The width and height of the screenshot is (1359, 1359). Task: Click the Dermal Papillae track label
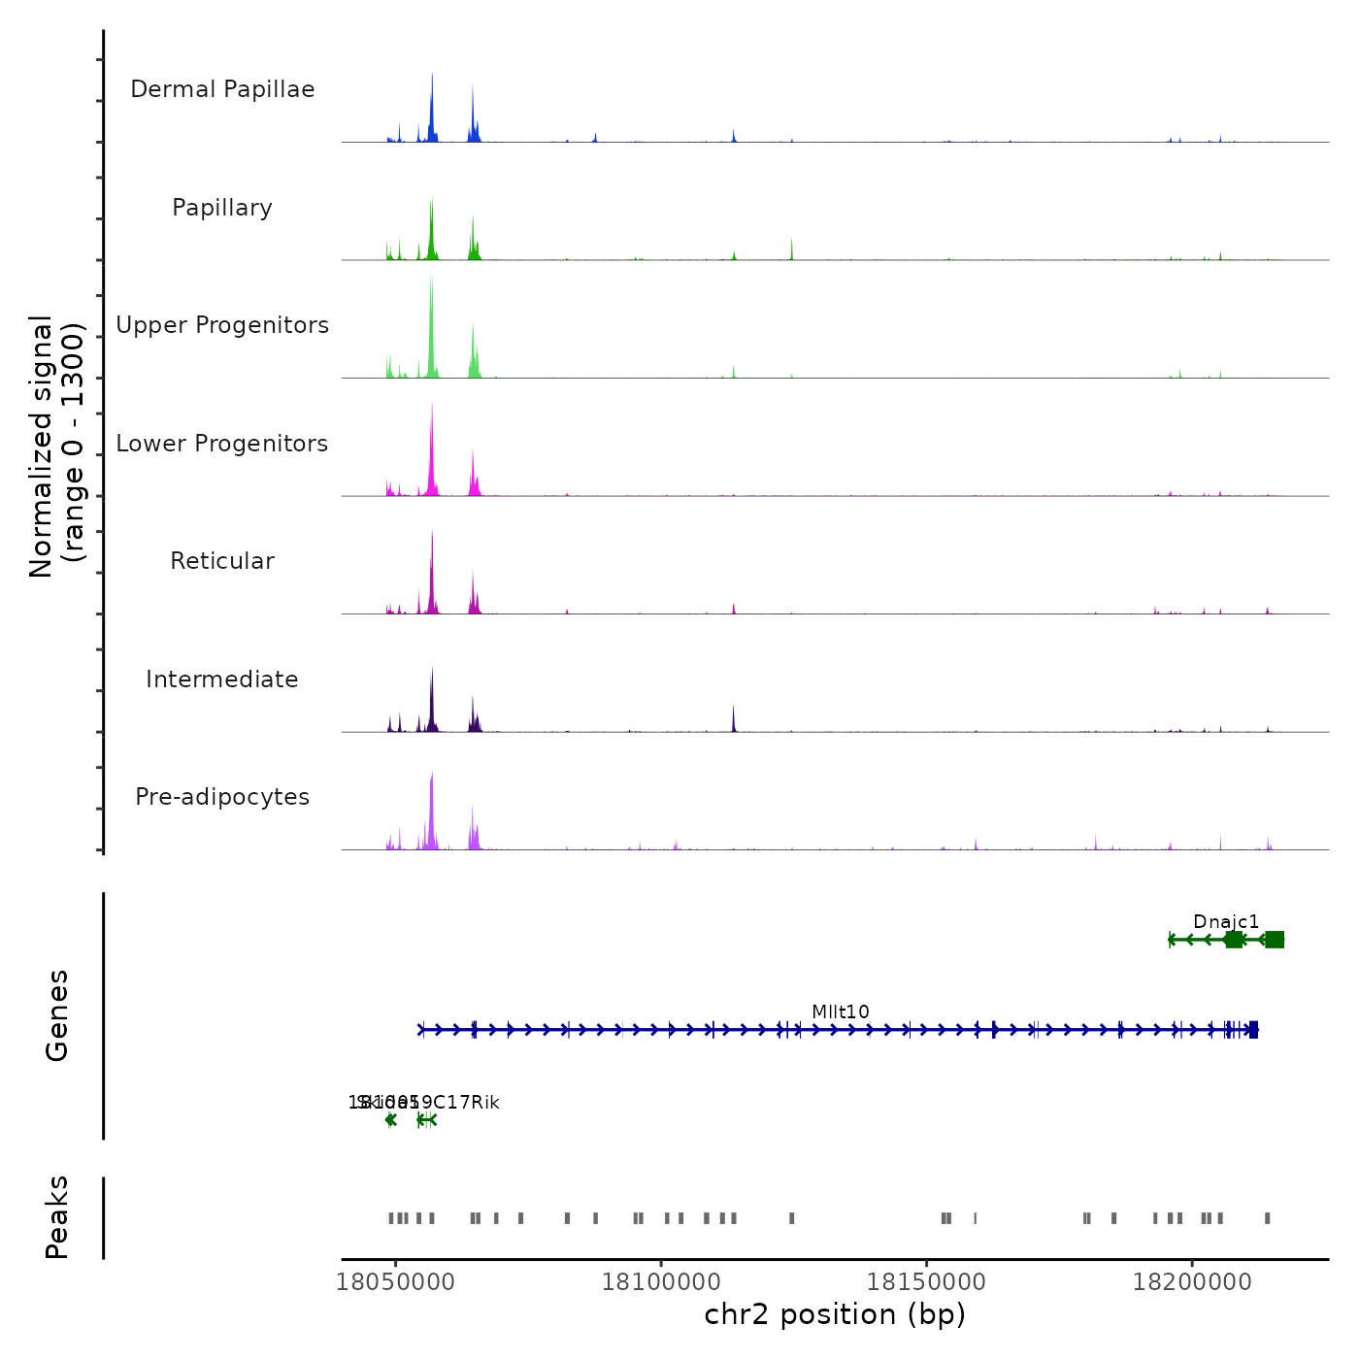click(222, 89)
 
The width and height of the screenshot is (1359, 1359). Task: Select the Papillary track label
click(222, 208)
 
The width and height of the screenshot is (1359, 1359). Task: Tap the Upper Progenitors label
click(222, 325)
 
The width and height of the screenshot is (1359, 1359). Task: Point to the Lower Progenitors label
click(222, 444)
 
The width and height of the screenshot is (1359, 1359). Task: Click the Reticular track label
click(222, 561)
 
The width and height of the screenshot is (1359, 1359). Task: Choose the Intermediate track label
click(222, 679)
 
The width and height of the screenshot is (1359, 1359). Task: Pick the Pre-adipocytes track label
click(222, 797)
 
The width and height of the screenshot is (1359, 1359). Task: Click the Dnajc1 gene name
click(1226, 921)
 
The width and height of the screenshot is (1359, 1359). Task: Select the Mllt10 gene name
click(841, 1011)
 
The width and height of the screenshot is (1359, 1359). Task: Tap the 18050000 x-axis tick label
click(395, 1281)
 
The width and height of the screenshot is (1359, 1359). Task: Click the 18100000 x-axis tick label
click(661, 1281)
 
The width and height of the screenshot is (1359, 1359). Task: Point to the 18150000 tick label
click(926, 1281)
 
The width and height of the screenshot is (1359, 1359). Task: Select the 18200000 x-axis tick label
click(1192, 1281)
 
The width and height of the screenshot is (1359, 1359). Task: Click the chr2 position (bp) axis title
click(835, 1314)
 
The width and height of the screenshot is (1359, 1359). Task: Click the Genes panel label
click(57, 1015)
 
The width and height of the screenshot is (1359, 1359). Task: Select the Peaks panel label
click(57, 1217)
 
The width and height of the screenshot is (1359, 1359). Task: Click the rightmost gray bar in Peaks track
click(1267, 1218)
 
